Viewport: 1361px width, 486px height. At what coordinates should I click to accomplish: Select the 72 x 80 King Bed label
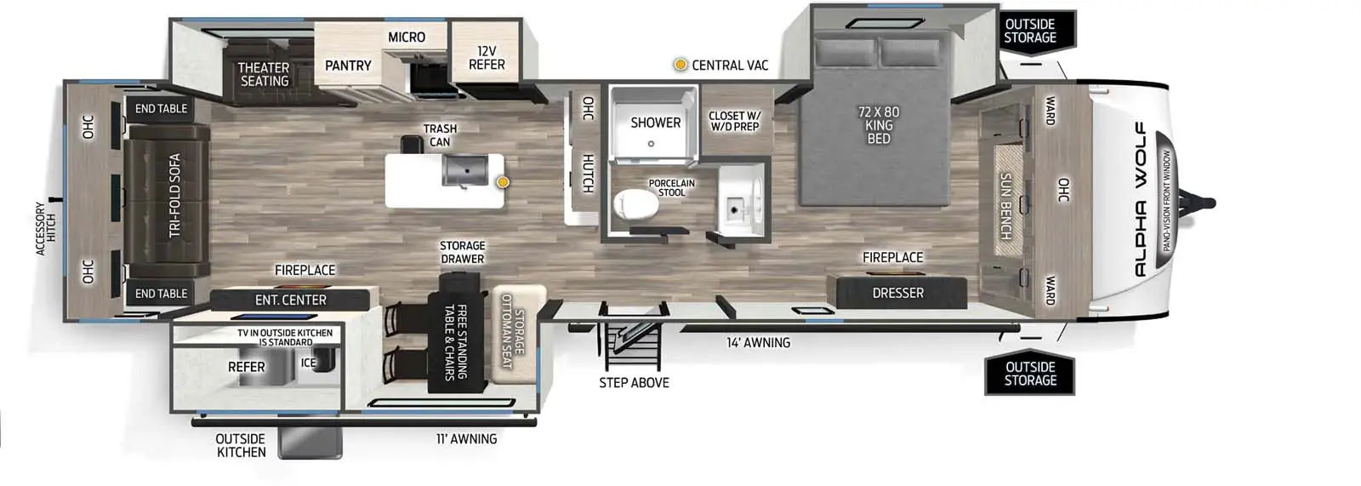point(879,125)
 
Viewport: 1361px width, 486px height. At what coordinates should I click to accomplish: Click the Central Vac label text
point(730,66)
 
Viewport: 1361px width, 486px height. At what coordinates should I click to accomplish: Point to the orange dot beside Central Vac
point(680,65)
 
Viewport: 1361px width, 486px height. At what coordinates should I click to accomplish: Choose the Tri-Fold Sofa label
point(174,195)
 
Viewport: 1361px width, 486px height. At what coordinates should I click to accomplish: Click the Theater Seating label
point(264,74)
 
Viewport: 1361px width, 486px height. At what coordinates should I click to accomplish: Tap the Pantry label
point(348,66)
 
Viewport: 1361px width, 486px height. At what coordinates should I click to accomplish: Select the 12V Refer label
point(487,58)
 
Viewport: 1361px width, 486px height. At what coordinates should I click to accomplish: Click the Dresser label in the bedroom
point(897,293)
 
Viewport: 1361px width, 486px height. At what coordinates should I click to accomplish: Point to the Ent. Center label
point(291,300)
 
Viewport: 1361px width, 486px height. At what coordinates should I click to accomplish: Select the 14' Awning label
point(758,343)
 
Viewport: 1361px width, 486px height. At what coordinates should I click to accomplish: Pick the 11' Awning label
point(466,439)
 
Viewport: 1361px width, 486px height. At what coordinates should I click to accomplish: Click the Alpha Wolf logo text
point(1140,199)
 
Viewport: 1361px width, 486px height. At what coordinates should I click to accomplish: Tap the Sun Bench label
point(1005,206)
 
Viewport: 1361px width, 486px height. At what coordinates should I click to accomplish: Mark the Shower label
point(655,123)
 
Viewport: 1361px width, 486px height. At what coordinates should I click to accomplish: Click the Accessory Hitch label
point(44,228)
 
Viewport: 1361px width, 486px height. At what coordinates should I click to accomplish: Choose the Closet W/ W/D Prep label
point(735,121)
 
